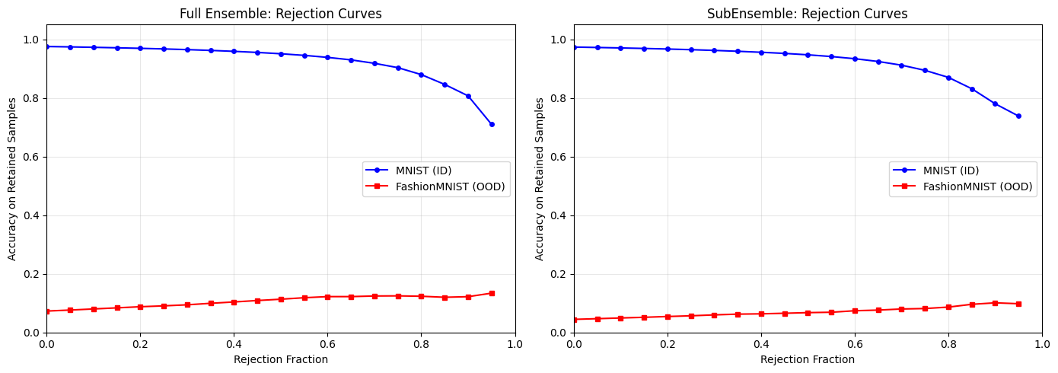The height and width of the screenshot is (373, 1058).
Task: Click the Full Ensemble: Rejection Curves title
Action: (280, 14)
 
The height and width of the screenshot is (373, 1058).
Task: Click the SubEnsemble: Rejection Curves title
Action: (808, 14)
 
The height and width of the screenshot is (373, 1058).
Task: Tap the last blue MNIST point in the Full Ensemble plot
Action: (492, 124)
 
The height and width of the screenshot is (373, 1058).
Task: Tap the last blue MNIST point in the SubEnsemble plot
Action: (1018, 116)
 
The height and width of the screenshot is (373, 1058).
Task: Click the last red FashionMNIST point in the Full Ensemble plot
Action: (492, 293)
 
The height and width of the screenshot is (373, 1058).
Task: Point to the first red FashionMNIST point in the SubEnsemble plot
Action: (574, 320)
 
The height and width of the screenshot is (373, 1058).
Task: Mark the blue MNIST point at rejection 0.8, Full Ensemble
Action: (421, 75)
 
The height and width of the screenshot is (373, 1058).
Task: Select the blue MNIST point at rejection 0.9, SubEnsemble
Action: (995, 104)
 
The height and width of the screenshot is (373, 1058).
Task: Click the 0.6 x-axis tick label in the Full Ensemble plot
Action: (327, 344)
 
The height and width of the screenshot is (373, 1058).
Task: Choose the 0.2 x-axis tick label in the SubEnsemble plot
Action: (668, 344)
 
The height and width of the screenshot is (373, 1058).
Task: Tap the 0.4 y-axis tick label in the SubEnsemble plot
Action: (558, 215)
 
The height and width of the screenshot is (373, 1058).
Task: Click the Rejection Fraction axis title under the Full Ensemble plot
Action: (280, 359)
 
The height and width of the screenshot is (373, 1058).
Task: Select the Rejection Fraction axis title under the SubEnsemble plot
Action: (808, 359)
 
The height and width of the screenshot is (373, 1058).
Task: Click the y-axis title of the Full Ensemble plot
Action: (12, 179)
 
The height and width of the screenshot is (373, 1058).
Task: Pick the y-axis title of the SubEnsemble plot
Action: (540, 179)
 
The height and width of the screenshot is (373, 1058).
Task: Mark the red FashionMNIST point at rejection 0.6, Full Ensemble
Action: (327, 297)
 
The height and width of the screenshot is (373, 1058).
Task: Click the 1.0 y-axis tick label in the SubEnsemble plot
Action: (558, 40)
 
